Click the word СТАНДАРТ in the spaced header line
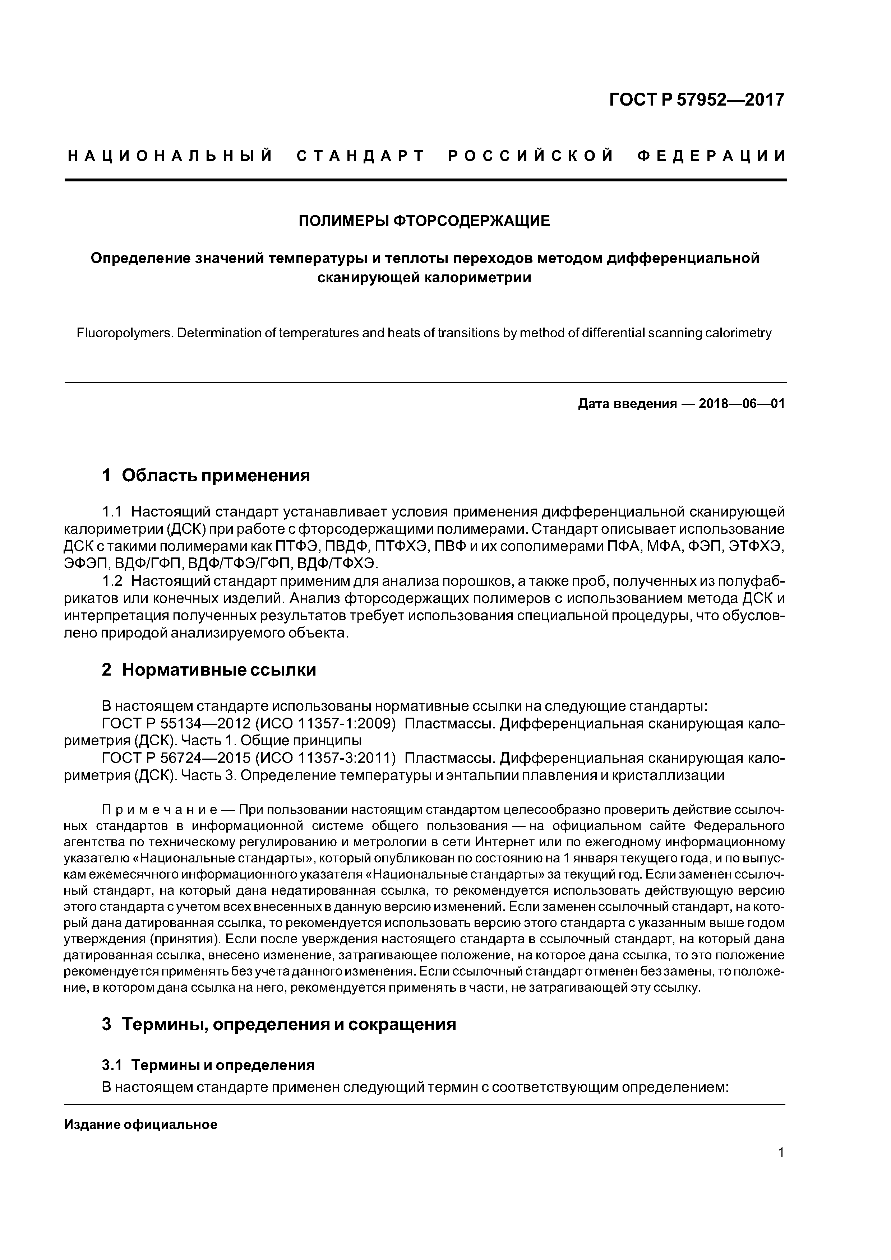[x=361, y=156]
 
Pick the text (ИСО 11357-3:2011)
[x=326, y=759]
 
